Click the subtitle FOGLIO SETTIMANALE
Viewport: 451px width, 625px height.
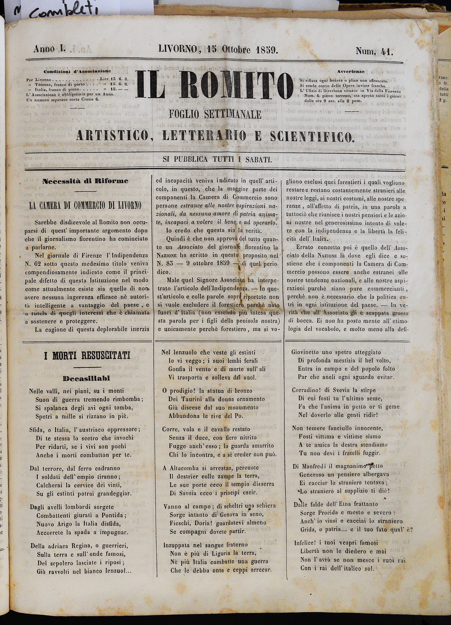[x=215, y=114]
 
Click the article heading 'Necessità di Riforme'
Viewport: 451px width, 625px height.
[x=85, y=181]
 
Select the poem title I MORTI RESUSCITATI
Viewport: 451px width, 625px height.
[x=87, y=356]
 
